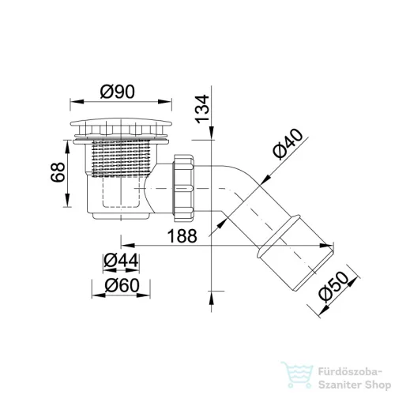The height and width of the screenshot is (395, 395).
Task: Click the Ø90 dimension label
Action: tap(118, 92)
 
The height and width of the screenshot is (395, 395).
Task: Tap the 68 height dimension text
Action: tap(58, 172)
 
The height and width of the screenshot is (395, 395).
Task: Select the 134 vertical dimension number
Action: tap(202, 109)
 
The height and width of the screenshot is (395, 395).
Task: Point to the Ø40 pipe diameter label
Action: tap(288, 144)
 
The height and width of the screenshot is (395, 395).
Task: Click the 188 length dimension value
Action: tap(182, 235)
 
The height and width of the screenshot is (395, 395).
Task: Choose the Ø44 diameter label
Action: tap(121, 261)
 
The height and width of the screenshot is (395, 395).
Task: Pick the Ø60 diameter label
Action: tap(122, 285)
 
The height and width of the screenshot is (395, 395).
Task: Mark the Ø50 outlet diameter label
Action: tap(333, 287)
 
